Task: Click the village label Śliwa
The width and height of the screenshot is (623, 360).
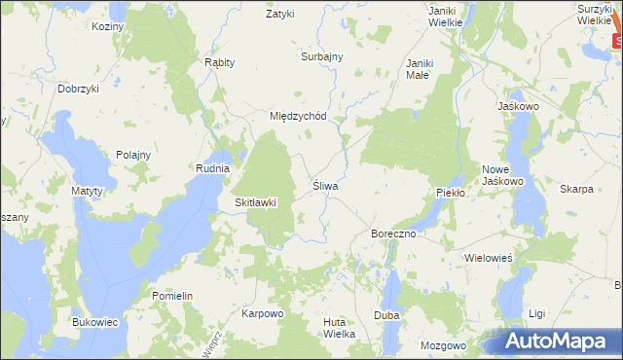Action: click(x=324, y=185)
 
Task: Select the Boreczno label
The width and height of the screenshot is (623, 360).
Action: click(x=394, y=234)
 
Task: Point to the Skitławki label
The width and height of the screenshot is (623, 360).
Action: click(x=256, y=202)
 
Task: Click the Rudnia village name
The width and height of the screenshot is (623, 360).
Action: click(x=212, y=168)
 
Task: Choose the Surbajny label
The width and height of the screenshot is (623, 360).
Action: click(x=322, y=56)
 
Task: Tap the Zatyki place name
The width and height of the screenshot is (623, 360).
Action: click(x=280, y=15)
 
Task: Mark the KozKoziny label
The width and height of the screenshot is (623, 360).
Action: click(x=108, y=26)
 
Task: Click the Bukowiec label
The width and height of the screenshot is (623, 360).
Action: click(x=95, y=321)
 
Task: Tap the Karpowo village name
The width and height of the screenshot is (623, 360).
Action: click(x=262, y=314)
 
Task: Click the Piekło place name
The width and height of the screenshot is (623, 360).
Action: click(x=452, y=193)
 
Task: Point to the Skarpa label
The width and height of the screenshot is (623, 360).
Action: click(x=577, y=189)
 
